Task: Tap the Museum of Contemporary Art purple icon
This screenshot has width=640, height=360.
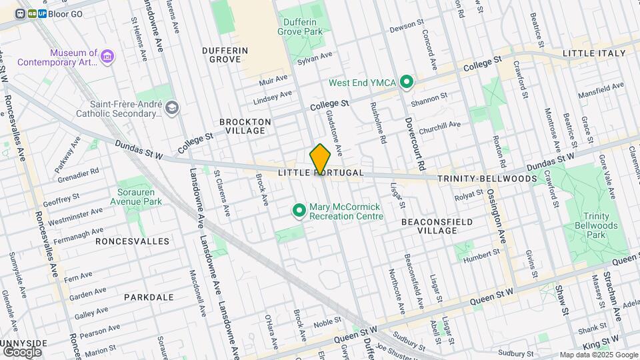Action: click(x=106, y=57)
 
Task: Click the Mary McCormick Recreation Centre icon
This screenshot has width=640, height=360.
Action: click(x=299, y=211)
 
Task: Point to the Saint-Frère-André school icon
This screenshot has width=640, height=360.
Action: click(x=173, y=108)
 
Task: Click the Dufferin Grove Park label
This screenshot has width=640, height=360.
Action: click(x=300, y=26)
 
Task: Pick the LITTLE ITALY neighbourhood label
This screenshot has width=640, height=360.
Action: click(x=594, y=53)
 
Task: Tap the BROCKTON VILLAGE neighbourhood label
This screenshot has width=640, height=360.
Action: click(x=245, y=126)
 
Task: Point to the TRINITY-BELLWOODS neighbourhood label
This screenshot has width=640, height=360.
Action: click(x=487, y=179)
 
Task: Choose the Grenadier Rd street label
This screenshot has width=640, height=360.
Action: click(x=80, y=171)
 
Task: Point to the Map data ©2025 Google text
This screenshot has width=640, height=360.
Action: click(x=598, y=355)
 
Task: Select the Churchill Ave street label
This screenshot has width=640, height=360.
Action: click(x=441, y=124)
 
